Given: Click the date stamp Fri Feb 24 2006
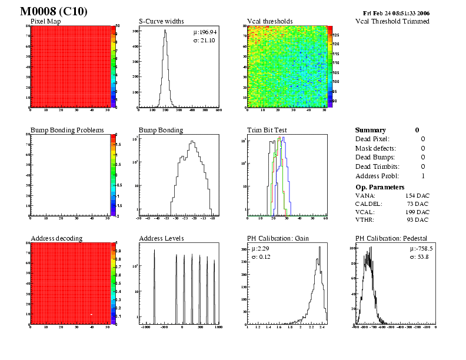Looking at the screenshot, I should (397, 13).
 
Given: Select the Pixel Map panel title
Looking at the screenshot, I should (49, 21).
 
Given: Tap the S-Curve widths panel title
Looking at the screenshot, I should (161, 21).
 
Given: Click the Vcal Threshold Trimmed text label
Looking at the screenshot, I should (392, 21).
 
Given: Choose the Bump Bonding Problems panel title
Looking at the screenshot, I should (67, 130).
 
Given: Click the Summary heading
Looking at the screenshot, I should (370, 130).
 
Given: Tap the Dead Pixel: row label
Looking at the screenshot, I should (371, 139).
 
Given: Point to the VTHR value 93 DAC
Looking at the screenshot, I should (418, 219).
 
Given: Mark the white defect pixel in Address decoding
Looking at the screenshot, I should (92, 314).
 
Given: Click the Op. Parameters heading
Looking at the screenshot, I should (378, 186).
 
